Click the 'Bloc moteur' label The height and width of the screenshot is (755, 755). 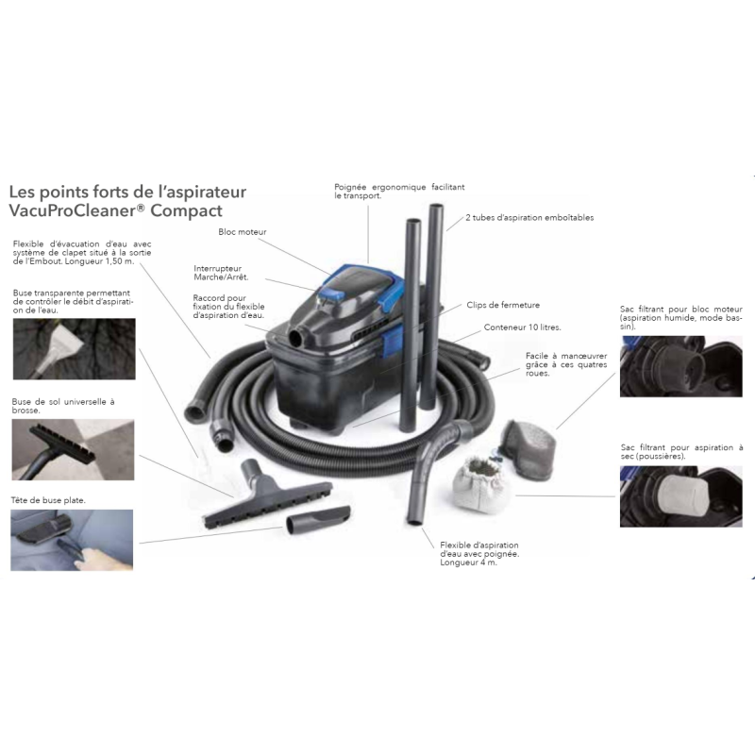point(243,231)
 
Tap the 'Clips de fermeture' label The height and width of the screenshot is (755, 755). point(503,305)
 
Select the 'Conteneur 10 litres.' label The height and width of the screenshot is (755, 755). point(523,327)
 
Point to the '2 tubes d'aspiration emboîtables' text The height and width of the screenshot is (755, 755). point(529,218)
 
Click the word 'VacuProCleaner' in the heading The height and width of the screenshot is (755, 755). point(74,210)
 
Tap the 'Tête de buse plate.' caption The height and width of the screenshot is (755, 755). point(48,500)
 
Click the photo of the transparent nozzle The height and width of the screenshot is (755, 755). point(75,348)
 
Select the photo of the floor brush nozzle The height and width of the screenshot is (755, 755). point(74,449)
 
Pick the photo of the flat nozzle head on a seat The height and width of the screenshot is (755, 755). point(72,540)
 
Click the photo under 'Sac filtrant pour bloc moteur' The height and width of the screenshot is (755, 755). point(680,366)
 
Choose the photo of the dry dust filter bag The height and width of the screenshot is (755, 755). point(680,496)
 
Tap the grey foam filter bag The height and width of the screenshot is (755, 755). point(528,449)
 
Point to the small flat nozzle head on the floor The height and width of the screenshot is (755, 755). point(318,519)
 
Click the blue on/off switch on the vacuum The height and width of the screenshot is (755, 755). point(332,294)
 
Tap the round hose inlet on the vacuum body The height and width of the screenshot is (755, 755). point(295,338)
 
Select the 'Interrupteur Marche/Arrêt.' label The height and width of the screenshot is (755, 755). point(221,273)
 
